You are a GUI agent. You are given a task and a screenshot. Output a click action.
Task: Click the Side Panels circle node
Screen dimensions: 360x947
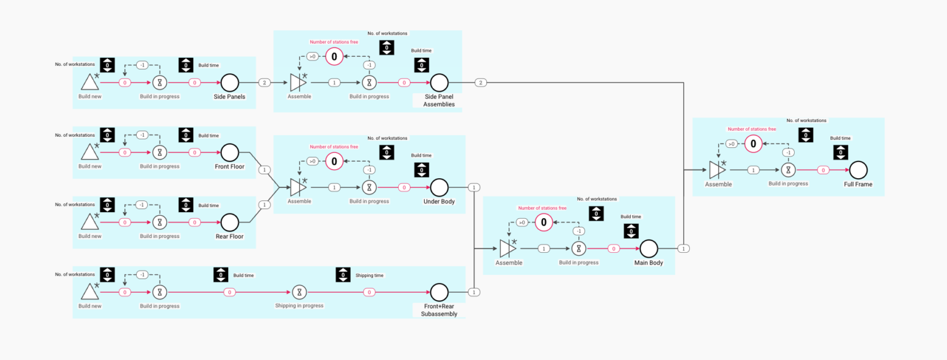point(229,82)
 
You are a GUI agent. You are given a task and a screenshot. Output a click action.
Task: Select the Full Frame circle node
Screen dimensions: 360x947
point(858,170)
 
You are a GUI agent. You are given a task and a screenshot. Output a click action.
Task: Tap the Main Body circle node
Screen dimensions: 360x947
point(649,248)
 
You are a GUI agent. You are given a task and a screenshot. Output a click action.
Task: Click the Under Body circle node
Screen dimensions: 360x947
point(439,187)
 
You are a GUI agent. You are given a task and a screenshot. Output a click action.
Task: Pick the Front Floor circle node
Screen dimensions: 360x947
point(229,152)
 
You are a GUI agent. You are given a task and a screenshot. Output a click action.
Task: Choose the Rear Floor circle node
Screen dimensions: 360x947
point(229,222)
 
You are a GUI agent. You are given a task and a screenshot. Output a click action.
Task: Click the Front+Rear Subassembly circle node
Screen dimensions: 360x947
point(439,292)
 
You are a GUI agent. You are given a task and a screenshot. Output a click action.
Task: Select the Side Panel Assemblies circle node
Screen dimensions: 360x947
point(439,82)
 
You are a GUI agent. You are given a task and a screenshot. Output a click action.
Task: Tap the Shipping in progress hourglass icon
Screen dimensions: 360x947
point(299,292)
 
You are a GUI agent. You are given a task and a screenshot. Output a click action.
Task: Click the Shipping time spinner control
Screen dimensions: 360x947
point(343,275)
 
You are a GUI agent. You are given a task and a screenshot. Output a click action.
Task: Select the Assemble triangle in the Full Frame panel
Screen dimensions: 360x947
point(717,170)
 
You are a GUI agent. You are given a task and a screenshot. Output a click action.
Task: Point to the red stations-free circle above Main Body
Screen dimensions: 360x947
point(544,223)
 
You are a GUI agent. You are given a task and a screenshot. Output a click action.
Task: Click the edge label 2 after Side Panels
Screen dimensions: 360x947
point(264,82)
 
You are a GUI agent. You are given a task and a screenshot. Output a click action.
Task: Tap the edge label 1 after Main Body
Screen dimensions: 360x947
point(683,248)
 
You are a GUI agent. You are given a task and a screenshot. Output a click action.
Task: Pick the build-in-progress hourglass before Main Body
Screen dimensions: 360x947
point(578,248)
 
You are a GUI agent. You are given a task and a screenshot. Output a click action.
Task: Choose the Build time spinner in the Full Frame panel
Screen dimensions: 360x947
point(840,152)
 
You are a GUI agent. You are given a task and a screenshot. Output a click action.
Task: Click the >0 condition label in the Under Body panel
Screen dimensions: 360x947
point(313,162)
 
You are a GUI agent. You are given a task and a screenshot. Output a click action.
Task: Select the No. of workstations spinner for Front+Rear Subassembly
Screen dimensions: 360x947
point(107,275)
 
